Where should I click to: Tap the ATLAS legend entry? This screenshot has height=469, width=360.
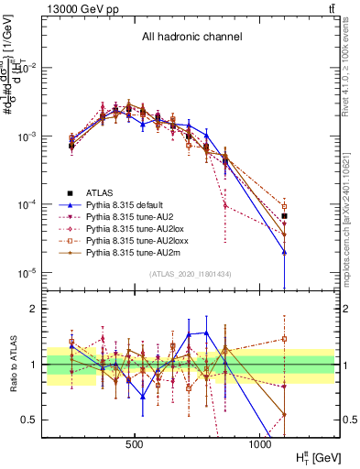click(x=100, y=192)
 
